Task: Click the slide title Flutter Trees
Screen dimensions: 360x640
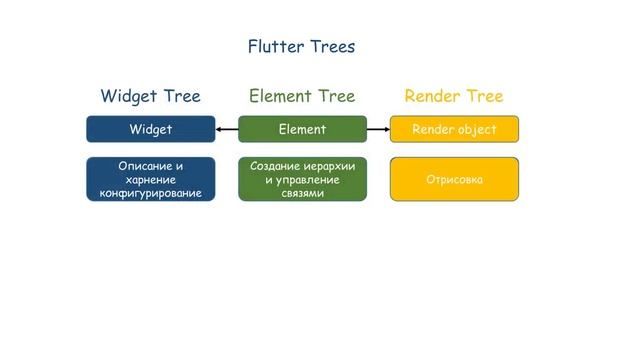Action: point(301,46)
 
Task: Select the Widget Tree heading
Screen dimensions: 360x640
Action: point(150,96)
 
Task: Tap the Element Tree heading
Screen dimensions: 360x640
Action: point(302,96)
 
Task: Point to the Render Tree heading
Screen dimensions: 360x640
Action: point(453,96)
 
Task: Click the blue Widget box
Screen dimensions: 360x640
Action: point(150,129)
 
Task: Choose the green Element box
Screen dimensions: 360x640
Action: point(302,129)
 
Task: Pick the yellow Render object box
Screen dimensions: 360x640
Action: point(454,129)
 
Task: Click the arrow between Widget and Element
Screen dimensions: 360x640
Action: point(226,129)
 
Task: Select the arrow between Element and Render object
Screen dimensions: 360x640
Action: point(378,129)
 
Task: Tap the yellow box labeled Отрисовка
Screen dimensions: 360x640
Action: point(454,180)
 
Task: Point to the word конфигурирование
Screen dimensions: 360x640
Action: point(151,193)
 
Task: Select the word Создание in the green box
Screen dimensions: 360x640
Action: point(275,165)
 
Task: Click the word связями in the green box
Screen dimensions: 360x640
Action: point(302,193)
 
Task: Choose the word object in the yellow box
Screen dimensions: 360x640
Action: point(477,129)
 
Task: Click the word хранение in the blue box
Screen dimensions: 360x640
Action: point(151,179)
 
